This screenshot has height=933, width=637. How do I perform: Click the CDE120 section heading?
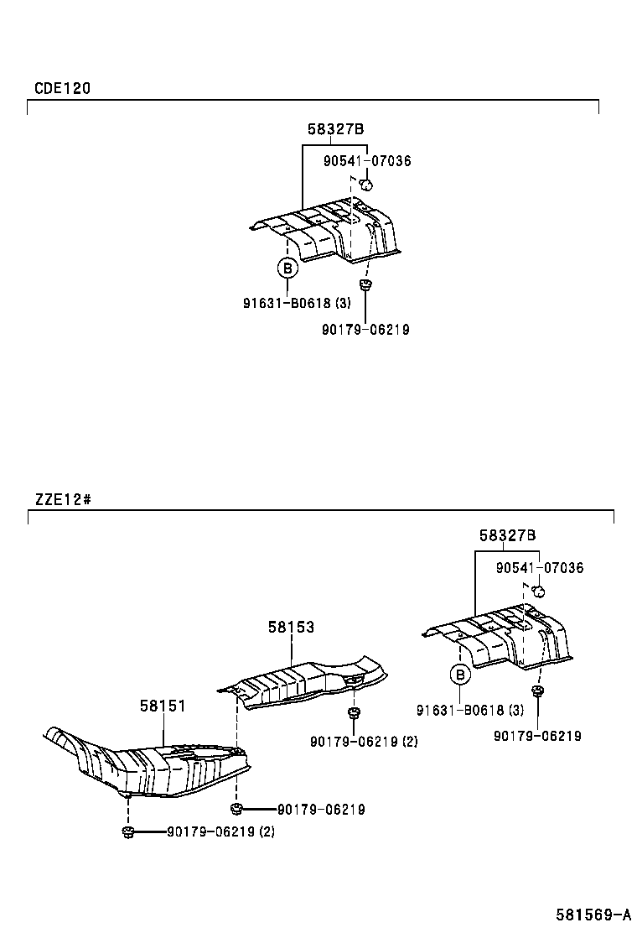(62, 89)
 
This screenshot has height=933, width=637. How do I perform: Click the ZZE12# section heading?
(63, 498)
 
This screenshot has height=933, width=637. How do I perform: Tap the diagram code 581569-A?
(593, 915)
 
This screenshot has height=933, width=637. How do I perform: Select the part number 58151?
(163, 706)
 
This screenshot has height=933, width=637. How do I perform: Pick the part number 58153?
(291, 627)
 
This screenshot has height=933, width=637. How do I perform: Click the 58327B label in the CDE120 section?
(335, 128)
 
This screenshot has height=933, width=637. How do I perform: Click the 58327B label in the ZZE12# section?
(507, 535)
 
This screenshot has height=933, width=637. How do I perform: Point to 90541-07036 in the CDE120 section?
(367, 161)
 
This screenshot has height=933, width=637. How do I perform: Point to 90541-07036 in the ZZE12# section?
(540, 568)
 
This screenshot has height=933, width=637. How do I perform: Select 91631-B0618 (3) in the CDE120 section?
(297, 303)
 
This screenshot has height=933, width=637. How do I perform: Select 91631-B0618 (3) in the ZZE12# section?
(470, 710)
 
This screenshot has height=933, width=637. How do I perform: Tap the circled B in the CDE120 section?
(287, 269)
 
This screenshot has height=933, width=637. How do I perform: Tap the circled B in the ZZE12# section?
(460, 675)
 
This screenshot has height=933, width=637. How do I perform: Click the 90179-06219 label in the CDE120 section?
(365, 330)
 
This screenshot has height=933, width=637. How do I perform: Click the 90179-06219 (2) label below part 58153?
(364, 742)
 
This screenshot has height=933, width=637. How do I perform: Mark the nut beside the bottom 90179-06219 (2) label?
(127, 831)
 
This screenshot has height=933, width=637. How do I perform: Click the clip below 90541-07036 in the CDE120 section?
(366, 184)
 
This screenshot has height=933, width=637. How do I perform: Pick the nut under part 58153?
(355, 713)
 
